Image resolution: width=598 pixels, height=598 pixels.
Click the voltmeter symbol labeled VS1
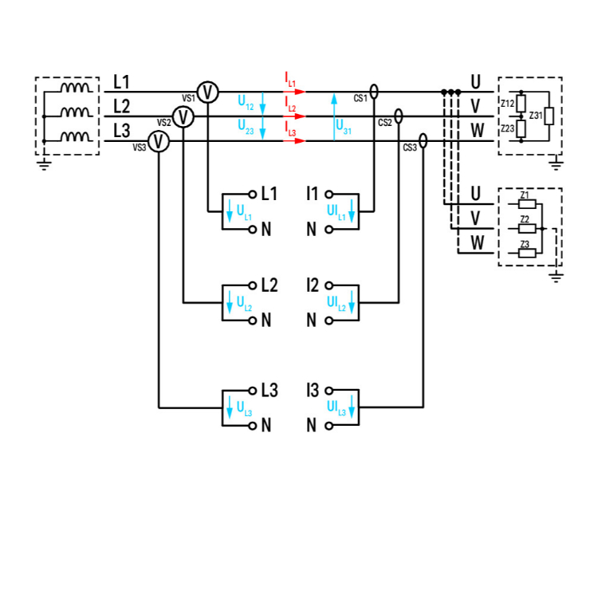point(208,92)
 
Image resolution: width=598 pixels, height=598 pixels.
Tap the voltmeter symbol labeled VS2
point(184,117)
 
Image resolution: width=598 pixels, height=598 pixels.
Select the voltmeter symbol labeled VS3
point(159,142)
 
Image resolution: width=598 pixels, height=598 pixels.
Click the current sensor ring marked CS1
point(375,93)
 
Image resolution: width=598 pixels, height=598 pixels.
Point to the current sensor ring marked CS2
point(399,117)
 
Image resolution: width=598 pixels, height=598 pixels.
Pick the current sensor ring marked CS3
point(423,141)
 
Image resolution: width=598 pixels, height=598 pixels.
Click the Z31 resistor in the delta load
point(549,116)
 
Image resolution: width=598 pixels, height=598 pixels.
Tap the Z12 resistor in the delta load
point(521,103)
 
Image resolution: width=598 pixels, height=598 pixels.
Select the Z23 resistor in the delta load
point(521,129)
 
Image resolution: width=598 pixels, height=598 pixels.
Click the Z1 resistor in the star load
point(525,203)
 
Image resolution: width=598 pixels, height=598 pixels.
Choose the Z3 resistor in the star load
point(525,253)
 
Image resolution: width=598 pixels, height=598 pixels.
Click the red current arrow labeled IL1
point(295,92)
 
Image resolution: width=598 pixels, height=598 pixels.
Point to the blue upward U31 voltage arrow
point(334,116)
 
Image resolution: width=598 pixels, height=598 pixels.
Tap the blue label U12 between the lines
point(246,102)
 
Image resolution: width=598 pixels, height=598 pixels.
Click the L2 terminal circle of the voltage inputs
point(252,285)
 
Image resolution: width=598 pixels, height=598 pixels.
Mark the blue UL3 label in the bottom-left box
point(244,408)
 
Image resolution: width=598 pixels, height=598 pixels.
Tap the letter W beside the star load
point(476,242)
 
